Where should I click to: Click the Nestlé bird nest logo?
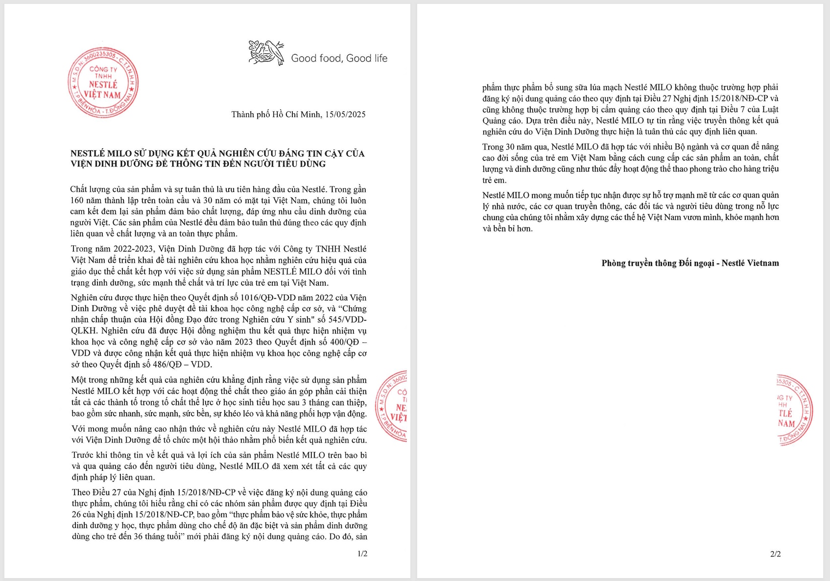tap(266, 53)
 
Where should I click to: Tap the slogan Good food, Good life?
tap(339, 59)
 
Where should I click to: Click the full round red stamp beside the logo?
tap(103, 82)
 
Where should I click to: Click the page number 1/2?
tap(362, 554)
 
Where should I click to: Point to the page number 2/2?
tap(775, 554)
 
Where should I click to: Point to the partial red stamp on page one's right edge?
tap(392, 406)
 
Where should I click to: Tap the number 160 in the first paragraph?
tap(77, 201)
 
